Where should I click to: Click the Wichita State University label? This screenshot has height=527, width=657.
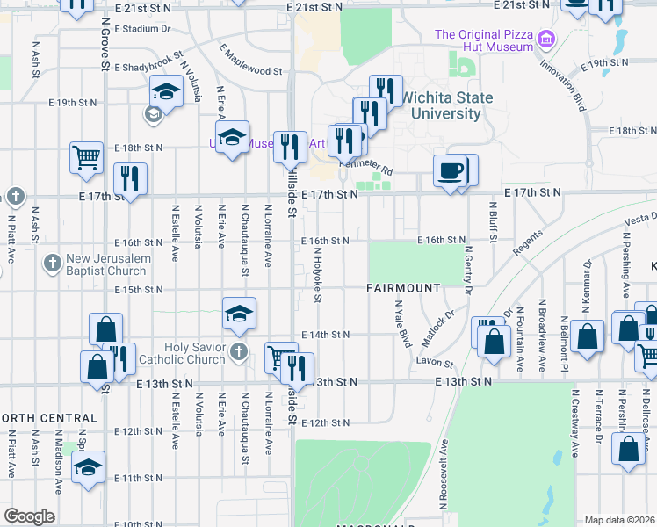click(448, 105)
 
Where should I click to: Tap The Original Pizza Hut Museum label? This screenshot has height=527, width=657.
click(485, 40)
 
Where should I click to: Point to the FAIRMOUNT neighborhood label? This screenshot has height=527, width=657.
click(403, 288)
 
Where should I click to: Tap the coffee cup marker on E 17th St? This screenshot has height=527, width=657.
click(451, 171)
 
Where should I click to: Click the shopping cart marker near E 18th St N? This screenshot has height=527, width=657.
click(87, 158)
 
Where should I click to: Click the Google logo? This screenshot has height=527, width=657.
click(28, 516)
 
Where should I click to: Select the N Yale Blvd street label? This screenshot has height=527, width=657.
click(402, 324)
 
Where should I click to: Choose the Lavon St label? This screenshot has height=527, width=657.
click(436, 363)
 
